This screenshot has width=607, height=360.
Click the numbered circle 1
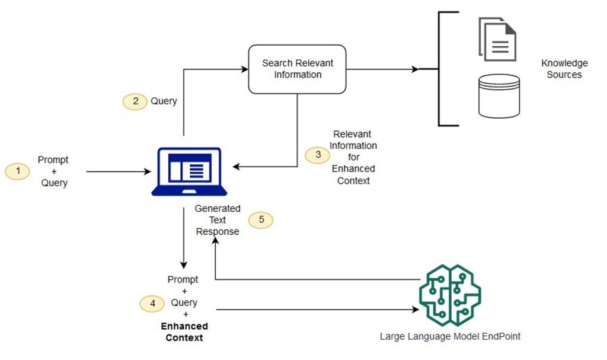tap(17, 171)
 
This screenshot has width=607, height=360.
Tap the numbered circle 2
tap(135, 101)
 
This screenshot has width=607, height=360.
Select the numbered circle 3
tap(318, 155)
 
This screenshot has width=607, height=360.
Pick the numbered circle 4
tap(152, 303)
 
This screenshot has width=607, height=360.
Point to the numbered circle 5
tap(261, 220)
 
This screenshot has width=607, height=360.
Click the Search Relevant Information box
tap(297, 69)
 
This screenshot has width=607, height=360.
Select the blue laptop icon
tap(189, 171)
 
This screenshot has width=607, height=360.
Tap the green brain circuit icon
tap(449, 295)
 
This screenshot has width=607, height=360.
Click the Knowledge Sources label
tap(564, 69)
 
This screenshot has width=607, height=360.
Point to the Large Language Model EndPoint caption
tap(450, 336)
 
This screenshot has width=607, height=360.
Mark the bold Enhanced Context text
tap(184, 332)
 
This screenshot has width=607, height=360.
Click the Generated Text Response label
tap(218, 220)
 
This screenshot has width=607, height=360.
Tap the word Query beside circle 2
tap(164, 101)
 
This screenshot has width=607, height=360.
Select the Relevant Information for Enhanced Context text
tap(353, 157)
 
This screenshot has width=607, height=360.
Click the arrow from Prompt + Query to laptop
tap(119, 172)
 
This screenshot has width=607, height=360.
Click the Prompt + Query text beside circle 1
tap(53, 171)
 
